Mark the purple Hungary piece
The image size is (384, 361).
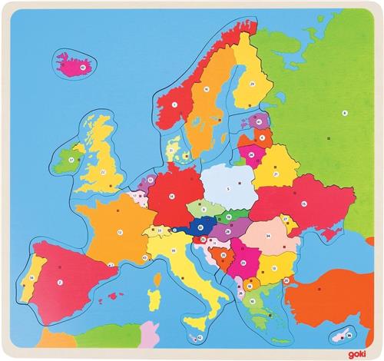tap(230, 232)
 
